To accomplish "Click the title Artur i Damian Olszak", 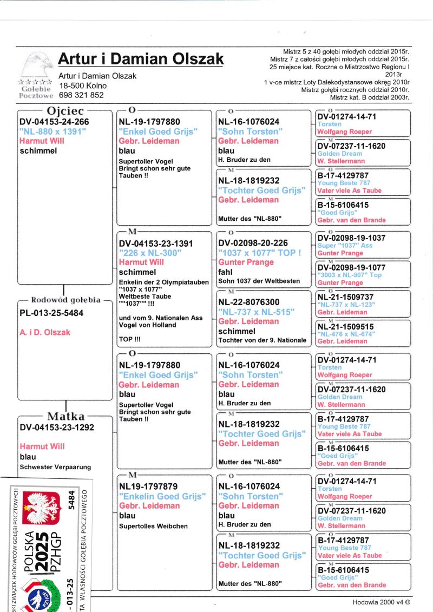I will (140, 58).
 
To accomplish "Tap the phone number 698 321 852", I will (81, 95).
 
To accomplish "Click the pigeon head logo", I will (37, 64).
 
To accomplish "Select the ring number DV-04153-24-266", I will (54, 122).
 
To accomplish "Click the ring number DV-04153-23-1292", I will (57, 427).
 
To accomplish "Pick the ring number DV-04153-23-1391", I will (156, 244).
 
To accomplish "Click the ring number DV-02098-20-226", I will (253, 244).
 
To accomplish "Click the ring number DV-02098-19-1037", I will (351, 238).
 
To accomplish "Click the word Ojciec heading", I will (65, 111).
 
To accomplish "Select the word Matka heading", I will (65, 416).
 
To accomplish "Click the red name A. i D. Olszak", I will (45, 332).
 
